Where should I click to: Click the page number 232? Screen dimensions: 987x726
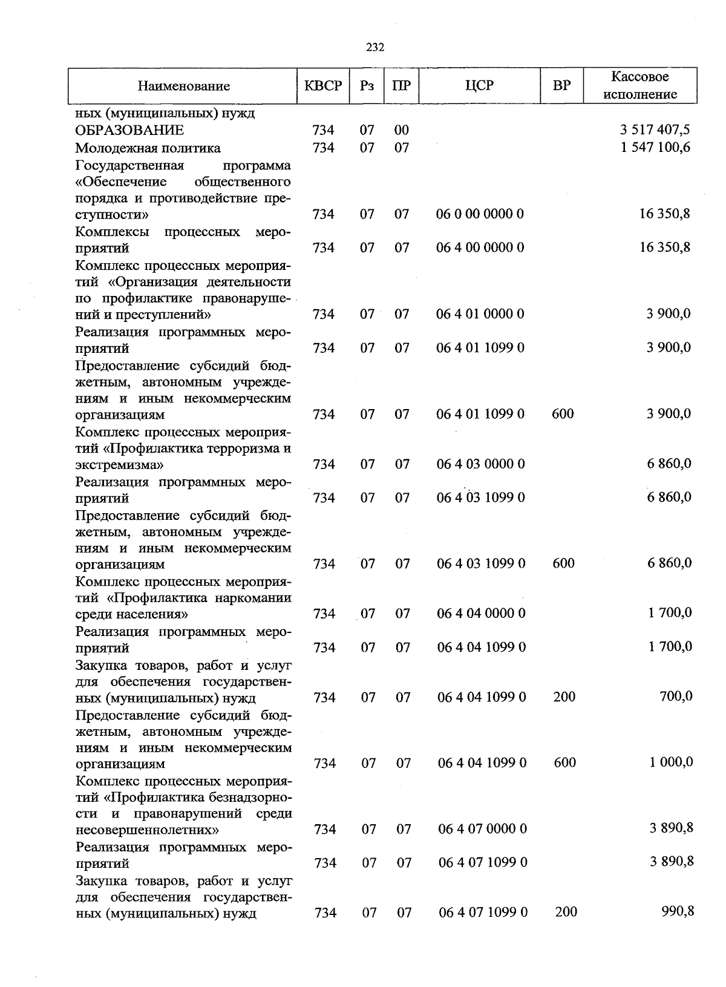[x=375, y=48]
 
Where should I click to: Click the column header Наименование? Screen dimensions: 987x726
[x=183, y=86]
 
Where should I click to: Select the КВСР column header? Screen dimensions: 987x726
[x=323, y=86]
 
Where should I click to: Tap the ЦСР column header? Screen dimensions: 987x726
[x=479, y=86]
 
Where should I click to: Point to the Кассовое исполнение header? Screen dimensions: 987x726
[x=640, y=85]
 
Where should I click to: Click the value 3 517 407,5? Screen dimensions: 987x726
[x=655, y=130]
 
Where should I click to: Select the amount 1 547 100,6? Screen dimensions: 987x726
[x=655, y=148]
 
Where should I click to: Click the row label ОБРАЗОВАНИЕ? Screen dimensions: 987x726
[x=129, y=130]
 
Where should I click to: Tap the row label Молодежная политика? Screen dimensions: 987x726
[x=148, y=148]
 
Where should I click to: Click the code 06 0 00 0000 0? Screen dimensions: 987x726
[x=480, y=214]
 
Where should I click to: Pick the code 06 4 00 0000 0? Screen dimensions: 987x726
[x=480, y=248]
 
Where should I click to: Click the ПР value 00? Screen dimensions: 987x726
[x=402, y=130]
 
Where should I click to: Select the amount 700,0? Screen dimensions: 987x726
[x=676, y=697]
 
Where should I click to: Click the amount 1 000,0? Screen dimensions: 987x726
[x=671, y=762]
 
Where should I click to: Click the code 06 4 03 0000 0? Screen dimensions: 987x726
[x=481, y=464]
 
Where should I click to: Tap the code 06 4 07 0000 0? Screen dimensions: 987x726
[x=482, y=828]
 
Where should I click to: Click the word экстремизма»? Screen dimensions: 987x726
[x=119, y=465]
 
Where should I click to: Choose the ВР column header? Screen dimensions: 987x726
[x=562, y=86]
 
